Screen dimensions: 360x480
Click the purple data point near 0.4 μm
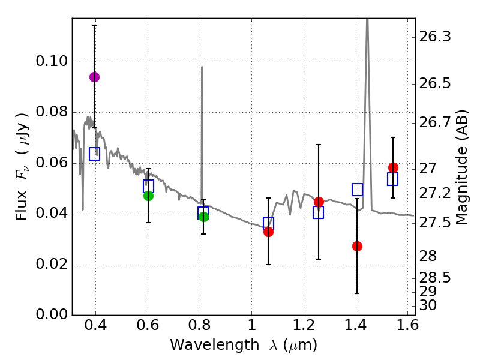tap(94, 77)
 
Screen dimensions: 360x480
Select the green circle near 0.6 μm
tap(148, 196)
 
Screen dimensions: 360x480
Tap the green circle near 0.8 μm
tap(203, 217)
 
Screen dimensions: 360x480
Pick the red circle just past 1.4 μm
tap(357, 246)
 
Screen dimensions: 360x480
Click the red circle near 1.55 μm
tap(393, 167)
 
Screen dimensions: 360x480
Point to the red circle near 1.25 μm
tap(319, 202)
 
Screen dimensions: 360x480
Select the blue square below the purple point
tap(94, 154)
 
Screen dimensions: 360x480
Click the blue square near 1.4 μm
tap(358, 190)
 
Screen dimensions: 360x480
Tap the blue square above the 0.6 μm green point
tap(148, 185)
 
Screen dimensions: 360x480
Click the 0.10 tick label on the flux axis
tap(52, 62)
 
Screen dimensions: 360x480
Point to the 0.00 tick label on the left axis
tap(52, 316)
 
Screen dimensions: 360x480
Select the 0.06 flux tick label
tap(52, 163)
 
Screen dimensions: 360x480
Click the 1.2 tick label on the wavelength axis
tap(304, 328)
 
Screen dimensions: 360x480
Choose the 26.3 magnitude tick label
tap(436, 37)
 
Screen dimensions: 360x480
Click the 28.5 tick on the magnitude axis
tap(436, 278)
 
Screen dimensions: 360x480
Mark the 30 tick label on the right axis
tap(429, 305)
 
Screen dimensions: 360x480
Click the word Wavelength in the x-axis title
tap(204, 345)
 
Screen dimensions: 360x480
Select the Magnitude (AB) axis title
tap(461, 167)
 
